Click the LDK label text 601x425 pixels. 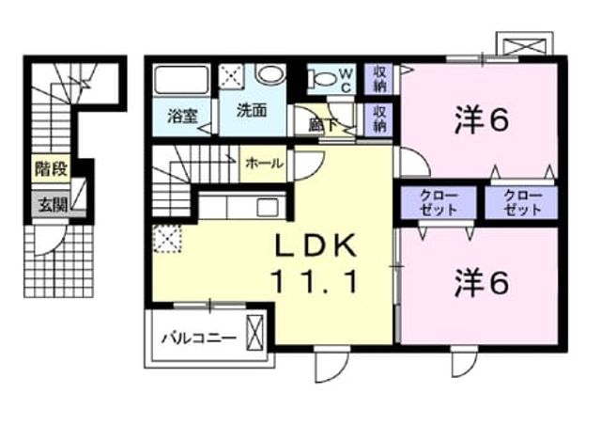click(x=316, y=245)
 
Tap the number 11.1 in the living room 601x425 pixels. click(x=315, y=281)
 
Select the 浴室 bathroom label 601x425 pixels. click(x=182, y=116)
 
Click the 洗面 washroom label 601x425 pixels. click(x=252, y=111)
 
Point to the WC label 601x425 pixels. click(x=346, y=81)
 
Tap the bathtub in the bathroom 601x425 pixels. click(x=181, y=80)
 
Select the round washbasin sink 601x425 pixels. click(x=270, y=74)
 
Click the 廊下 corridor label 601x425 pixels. click(x=323, y=125)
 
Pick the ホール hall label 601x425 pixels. click(x=265, y=164)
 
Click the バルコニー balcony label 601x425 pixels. click(x=198, y=338)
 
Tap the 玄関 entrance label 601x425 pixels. click(x=54, y=206)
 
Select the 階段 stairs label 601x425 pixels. click(x=52, y=169)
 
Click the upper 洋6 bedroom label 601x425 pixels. click(x=482, y=120)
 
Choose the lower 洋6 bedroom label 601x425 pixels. click(x=482, y=283)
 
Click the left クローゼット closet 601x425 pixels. click(x=439, y=202)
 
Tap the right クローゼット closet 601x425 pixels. click(x=521, y=202)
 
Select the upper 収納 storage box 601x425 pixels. click(x=378, y=79)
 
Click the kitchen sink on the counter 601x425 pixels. click(x=268, y=208)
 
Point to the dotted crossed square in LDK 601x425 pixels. click(x=167, y=239)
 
